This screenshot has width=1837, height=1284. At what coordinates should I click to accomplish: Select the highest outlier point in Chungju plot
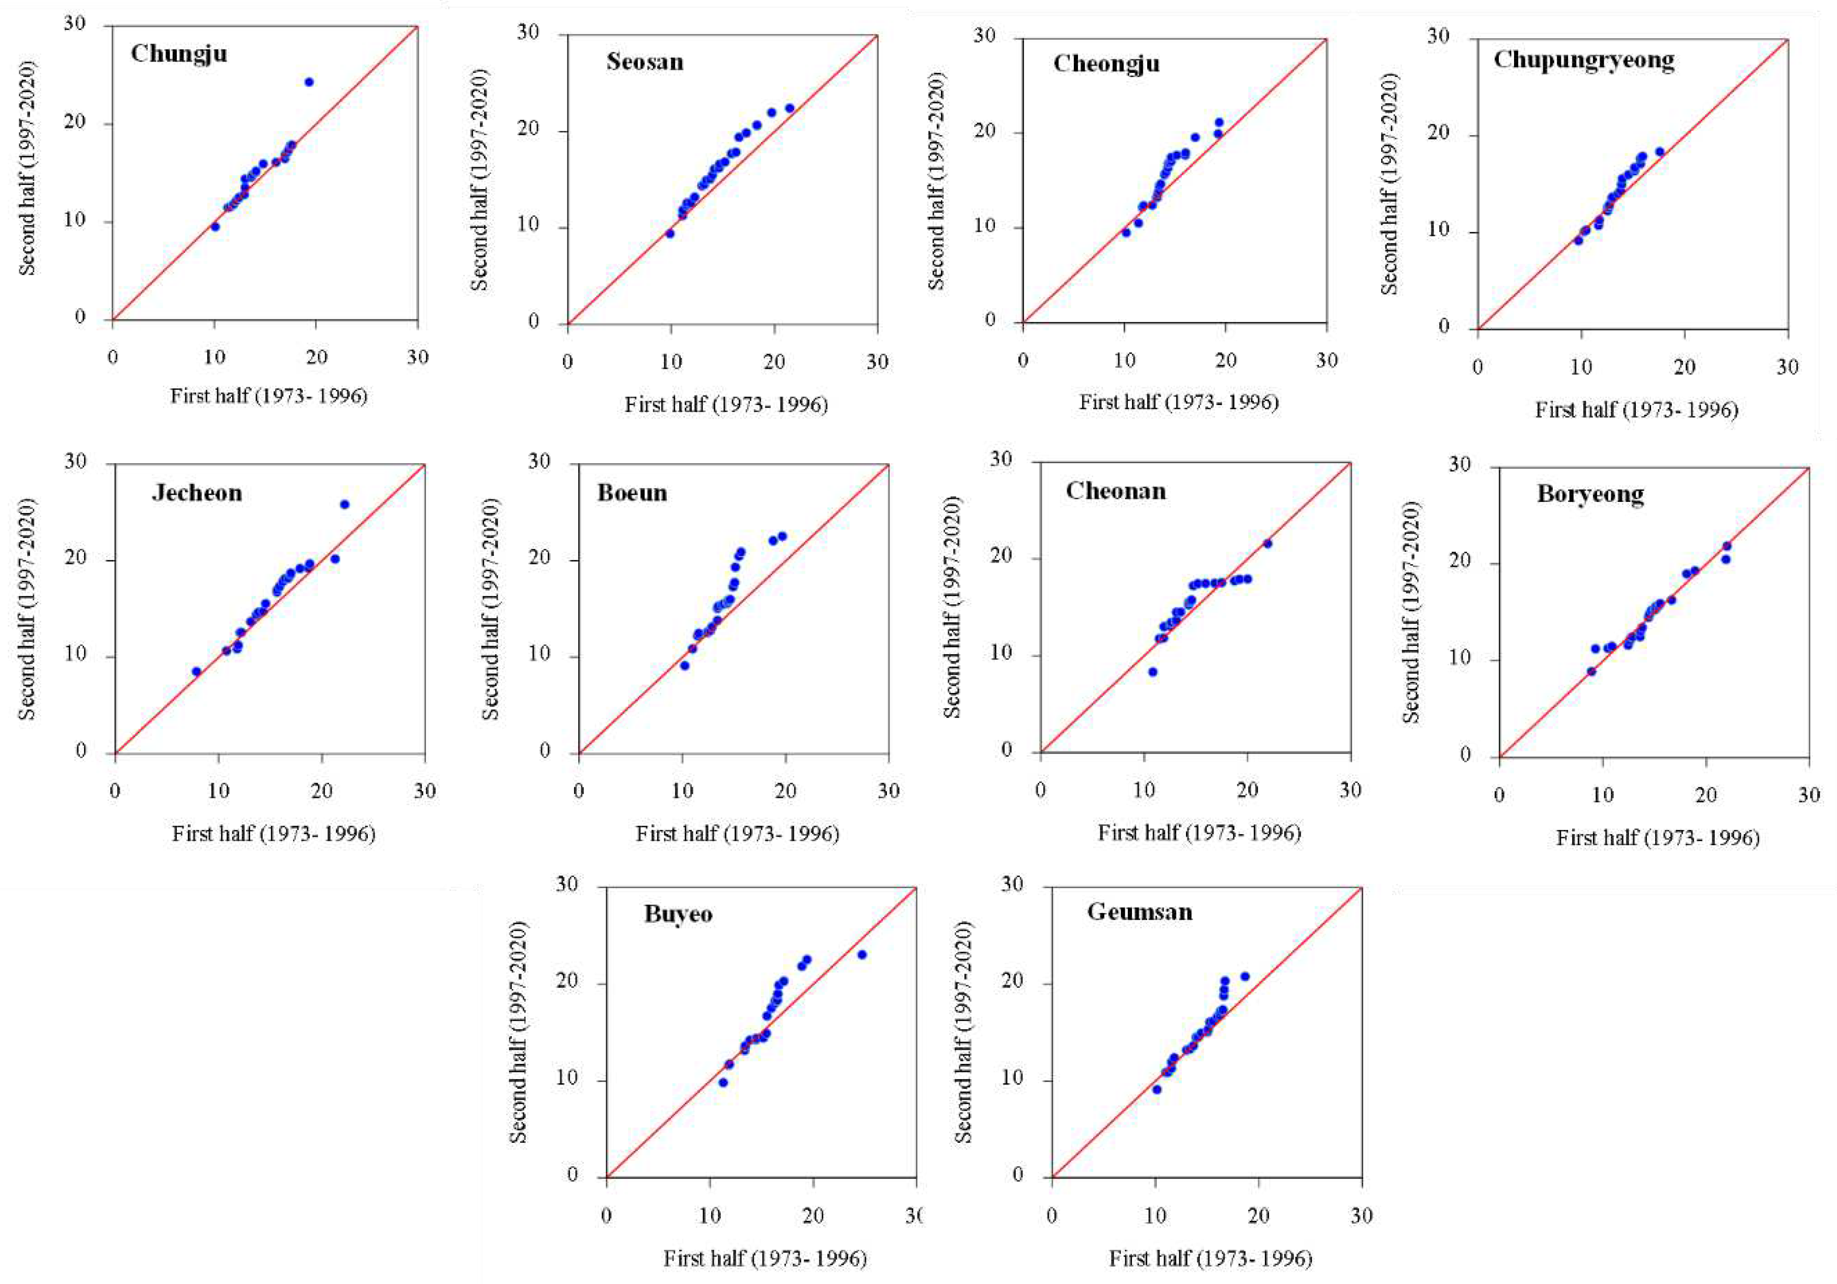[309, 82]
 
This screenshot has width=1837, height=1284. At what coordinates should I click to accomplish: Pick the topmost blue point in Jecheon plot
[345, 504]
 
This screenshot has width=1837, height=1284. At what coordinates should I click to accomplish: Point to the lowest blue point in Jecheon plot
[197, 671]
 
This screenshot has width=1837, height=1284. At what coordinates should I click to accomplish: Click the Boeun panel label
[632, 493]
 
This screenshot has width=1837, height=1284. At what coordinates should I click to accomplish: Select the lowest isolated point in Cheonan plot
[1153, 671]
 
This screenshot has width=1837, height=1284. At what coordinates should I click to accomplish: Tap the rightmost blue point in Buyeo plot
[861, 954]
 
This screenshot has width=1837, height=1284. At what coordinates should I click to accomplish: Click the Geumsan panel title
[1139, 912]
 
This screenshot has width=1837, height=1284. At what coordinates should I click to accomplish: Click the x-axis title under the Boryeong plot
[1657, 838]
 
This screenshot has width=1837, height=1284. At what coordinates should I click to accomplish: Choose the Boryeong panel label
[1590, 494]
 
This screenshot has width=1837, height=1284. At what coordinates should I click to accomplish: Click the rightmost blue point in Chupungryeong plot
[1659, 152]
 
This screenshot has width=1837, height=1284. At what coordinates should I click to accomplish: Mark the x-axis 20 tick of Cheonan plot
[1247, 790]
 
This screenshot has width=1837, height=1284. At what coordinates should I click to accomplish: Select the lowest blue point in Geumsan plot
[1156, 1089]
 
